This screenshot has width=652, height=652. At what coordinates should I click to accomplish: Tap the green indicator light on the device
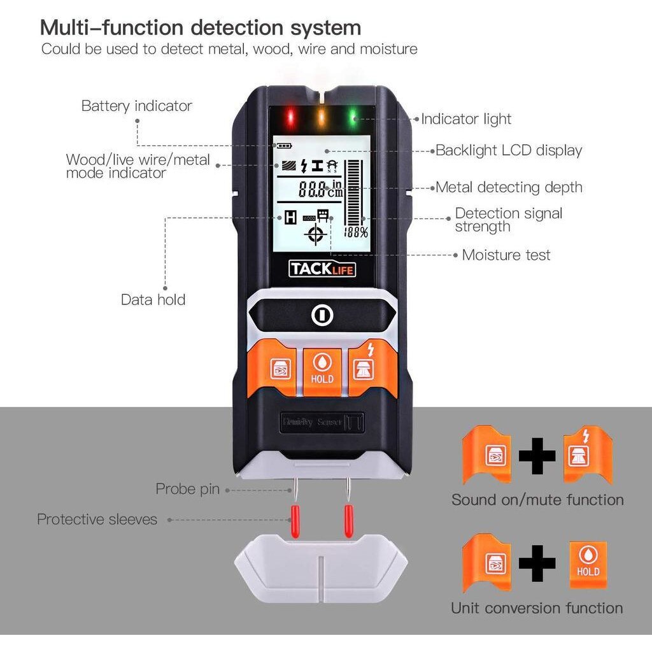point(352,117)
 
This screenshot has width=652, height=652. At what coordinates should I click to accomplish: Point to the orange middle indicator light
point(322,117)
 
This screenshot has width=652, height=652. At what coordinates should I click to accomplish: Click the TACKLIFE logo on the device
point(322,269)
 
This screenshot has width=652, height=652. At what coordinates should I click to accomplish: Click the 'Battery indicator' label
point(136,106)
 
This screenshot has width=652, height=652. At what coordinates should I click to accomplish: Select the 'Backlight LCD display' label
point(508,151)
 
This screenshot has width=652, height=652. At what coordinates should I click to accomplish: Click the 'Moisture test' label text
point(506,255)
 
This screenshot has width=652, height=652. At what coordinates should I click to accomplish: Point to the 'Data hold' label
point(153,299)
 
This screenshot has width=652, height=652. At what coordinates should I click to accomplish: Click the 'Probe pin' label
point(187,489)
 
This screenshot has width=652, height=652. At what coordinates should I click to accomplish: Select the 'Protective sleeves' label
point(97,520)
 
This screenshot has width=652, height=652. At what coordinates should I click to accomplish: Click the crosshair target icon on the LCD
point(315,235)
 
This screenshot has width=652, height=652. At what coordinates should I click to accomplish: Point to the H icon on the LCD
point(290,218)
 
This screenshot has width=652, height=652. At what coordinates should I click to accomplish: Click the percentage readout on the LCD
point(356,232)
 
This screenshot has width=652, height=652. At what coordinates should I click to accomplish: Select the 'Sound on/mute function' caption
point(537,500)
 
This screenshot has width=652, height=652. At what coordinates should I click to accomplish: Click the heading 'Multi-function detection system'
point(201,27)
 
